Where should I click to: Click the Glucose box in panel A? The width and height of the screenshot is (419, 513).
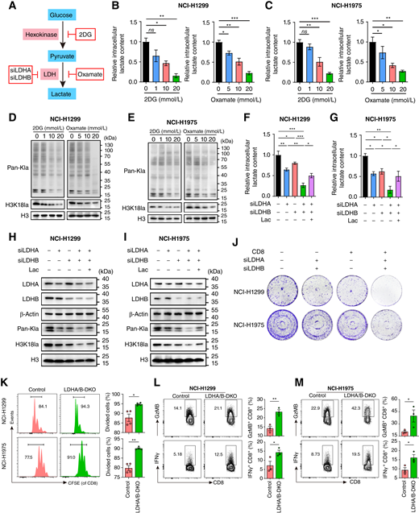[x=53, y=15]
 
